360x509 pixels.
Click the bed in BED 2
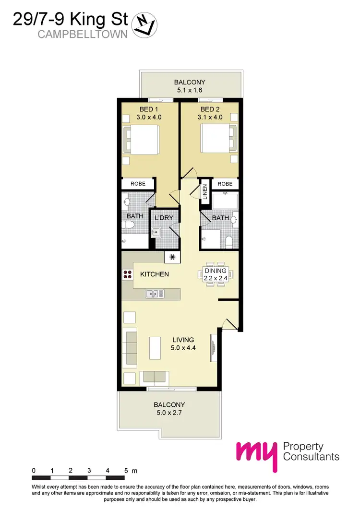point(216,139)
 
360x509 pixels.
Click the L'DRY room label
point(163,219)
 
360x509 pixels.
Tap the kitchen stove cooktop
point(127,274)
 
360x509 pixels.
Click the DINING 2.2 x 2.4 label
point(215,274)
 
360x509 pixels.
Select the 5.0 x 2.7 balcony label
point(169,409)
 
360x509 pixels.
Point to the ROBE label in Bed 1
point(137,184)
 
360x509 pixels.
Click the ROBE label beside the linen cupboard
point(225,184)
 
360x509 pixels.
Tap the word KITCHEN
point(154,274)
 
